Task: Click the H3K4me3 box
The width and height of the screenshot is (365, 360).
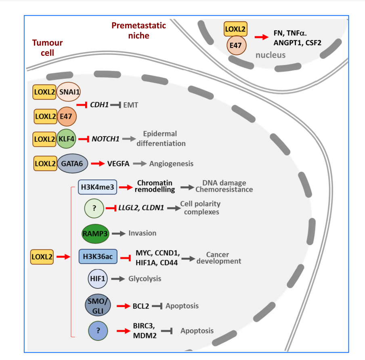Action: click(x=97, y=187)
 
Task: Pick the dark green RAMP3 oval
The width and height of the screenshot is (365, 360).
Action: click(x=94, y=233)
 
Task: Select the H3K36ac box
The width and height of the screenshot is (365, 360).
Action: click(x=97, y=257)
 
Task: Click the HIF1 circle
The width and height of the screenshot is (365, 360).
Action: click(x=97, y=279)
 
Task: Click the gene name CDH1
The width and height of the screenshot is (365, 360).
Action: click(x=99, y=105)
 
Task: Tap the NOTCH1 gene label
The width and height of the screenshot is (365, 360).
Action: click(x=105, y=139)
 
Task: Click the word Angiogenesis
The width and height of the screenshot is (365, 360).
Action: click(x=171, y=164)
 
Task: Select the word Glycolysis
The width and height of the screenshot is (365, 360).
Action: click(x=145, y=279)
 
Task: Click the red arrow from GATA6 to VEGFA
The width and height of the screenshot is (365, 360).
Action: click(x=97, y=164)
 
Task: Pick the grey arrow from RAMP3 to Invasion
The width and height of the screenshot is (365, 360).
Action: click(x=118, y=233)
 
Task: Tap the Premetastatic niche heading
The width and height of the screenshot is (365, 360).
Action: click(x=138, y=31)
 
